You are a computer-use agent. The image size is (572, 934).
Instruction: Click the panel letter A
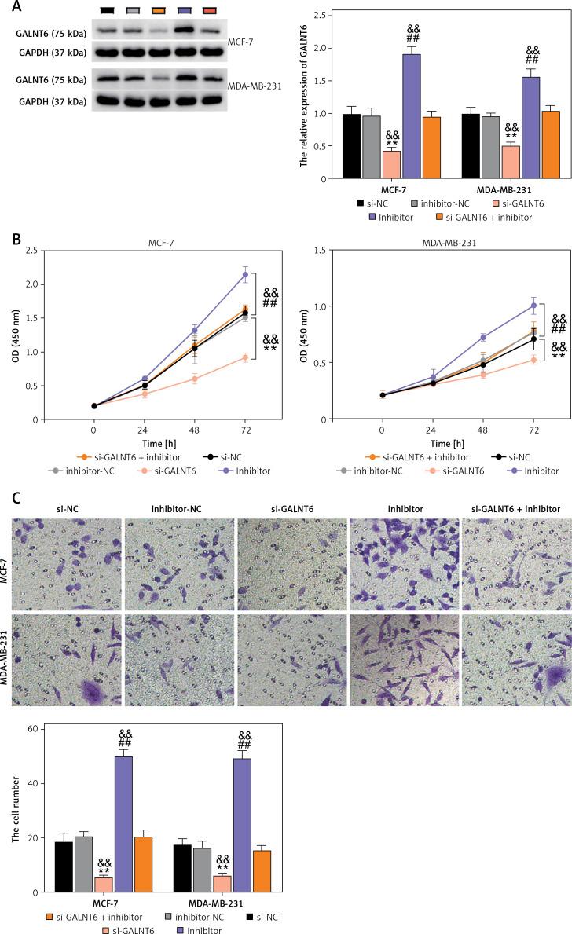point(7,7)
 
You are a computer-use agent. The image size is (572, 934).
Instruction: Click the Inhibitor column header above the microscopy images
point(400,510)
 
